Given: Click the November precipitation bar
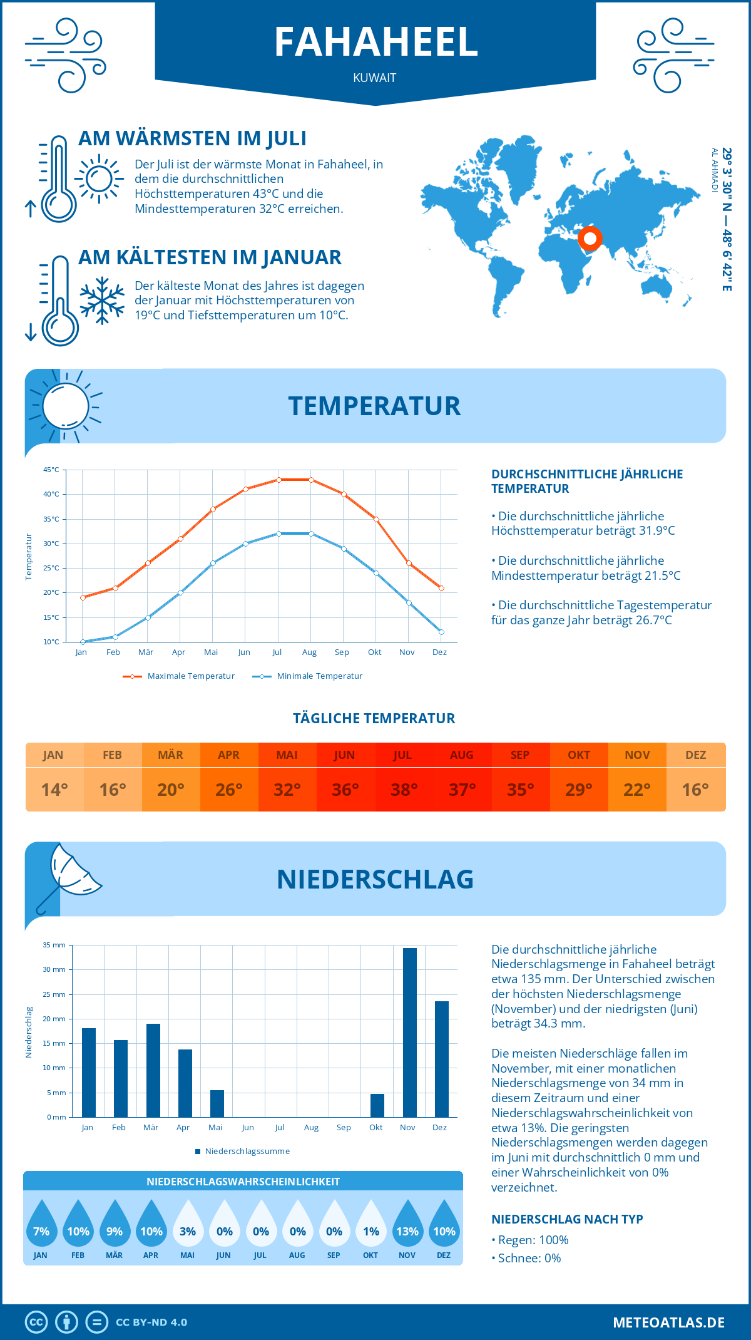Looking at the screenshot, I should (x=409, y=1033).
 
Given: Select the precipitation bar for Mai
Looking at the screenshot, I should (x=217, y=1103).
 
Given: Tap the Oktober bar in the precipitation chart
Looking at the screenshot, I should (x=377, y=1105).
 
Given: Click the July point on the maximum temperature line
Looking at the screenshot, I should (x=278, y=480).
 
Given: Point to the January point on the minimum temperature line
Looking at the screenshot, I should (x=83, y=642).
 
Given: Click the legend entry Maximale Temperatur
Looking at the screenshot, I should (x=179, y=676).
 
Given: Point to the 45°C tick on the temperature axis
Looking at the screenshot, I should (x=51, y=470).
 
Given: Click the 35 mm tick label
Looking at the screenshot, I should (x=54, y=945).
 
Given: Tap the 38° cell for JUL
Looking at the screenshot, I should (x=403, y=790).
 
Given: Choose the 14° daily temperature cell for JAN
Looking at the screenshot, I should (x=54, y=790).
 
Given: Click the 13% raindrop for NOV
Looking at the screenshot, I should (x=407, y=1224).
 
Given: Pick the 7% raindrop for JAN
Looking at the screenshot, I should (x=41, y=1224).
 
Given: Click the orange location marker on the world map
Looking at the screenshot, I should (x=590, y=239).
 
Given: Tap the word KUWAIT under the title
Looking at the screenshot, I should (x=374, y=78).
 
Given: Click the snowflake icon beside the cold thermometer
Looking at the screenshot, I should (x=102, y=301).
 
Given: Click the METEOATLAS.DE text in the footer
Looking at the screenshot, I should (x=668, y=1322).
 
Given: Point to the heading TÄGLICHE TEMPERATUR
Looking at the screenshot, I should (x=374, y=718).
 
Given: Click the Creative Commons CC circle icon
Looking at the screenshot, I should (x=36, y=1322).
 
